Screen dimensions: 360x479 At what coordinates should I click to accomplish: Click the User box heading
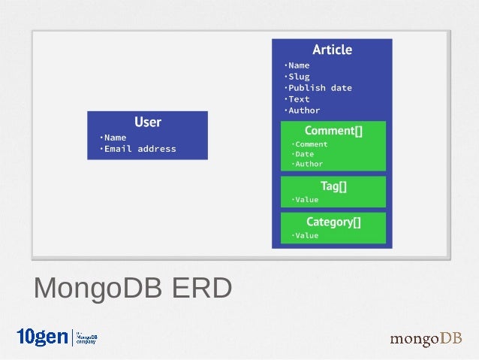coord(147,122)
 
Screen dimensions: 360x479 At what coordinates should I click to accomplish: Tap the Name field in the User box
coord(115,138)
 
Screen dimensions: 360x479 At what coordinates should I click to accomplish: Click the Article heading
coord(332,50)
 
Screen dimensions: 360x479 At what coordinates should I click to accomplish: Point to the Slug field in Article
coord(298,77)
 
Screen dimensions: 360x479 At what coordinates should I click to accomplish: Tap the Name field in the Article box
coord(298,65)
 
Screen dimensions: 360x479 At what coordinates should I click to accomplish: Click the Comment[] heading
coord(333,131)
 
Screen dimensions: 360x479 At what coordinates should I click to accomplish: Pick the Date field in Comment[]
coord(304,154)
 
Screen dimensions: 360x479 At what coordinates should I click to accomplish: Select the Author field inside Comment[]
coord(309,164)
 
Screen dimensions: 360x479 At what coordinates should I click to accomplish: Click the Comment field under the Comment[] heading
coord(311,144)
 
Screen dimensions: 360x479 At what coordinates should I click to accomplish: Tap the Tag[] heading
coord(333,186)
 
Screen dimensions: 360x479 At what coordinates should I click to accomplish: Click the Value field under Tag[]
coord(306,200)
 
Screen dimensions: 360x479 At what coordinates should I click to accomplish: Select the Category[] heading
coord(333,222)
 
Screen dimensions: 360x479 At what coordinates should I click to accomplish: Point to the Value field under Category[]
coord(306,235)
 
